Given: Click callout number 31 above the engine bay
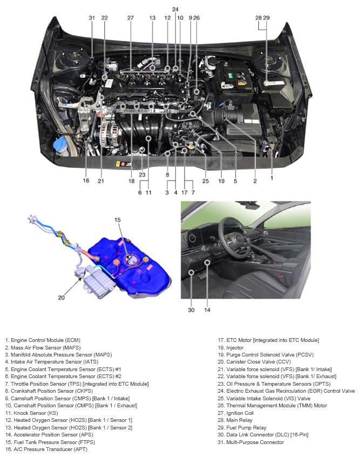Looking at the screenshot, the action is pyautogui.click(x=92, y=18).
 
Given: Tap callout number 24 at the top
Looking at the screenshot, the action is pyautogui.click(x=175, y=9).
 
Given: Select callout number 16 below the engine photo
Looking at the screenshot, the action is pyautogui.click(x=86, y=180).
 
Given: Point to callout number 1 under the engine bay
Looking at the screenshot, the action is pyautogui.click(x=271, y=178).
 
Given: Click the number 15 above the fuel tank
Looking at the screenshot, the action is pyautogui.click(x=117, y=220).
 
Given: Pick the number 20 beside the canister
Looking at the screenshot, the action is pyautogui.click(x=61, y=298).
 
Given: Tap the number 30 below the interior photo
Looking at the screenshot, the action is pyautogui.click(x=191, y=310).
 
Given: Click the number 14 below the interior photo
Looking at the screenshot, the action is pyautogui.click(x=207, y=310).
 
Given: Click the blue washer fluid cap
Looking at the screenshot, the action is pyautogui.click(x=60, y=143).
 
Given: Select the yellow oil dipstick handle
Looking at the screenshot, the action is pyautogui.click(x=192, y=146).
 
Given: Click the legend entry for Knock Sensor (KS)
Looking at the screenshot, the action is pyautogui.click(x=31, y=413).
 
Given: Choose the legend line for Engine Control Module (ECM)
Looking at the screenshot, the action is pyautogui.click(x=43, y=340).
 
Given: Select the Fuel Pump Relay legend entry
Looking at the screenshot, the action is pyautogui.click(x=242, y=428).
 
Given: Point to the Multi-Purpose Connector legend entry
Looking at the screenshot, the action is pyautogui.click(x=251, y=442).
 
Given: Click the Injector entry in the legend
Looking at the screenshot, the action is pyautogui.click(x=230, y=347).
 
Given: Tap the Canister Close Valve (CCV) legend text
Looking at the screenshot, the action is pyautogui.click(x=254, y=362).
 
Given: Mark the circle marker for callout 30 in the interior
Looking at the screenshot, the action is pyautogui.click(x=191, y=272).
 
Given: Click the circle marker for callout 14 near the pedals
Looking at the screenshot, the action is pyautogui.click(x=207, y=263).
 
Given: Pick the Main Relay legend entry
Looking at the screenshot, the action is pyautogui.click(x=235, y=420).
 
